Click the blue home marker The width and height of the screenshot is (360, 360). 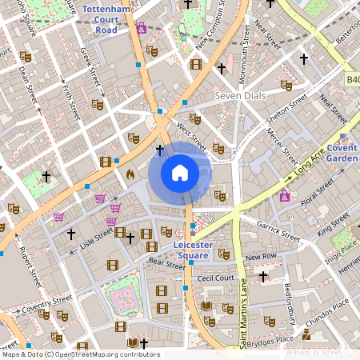click(x=180, y=173)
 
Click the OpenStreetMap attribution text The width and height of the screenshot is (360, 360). click(x=80, y=354)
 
